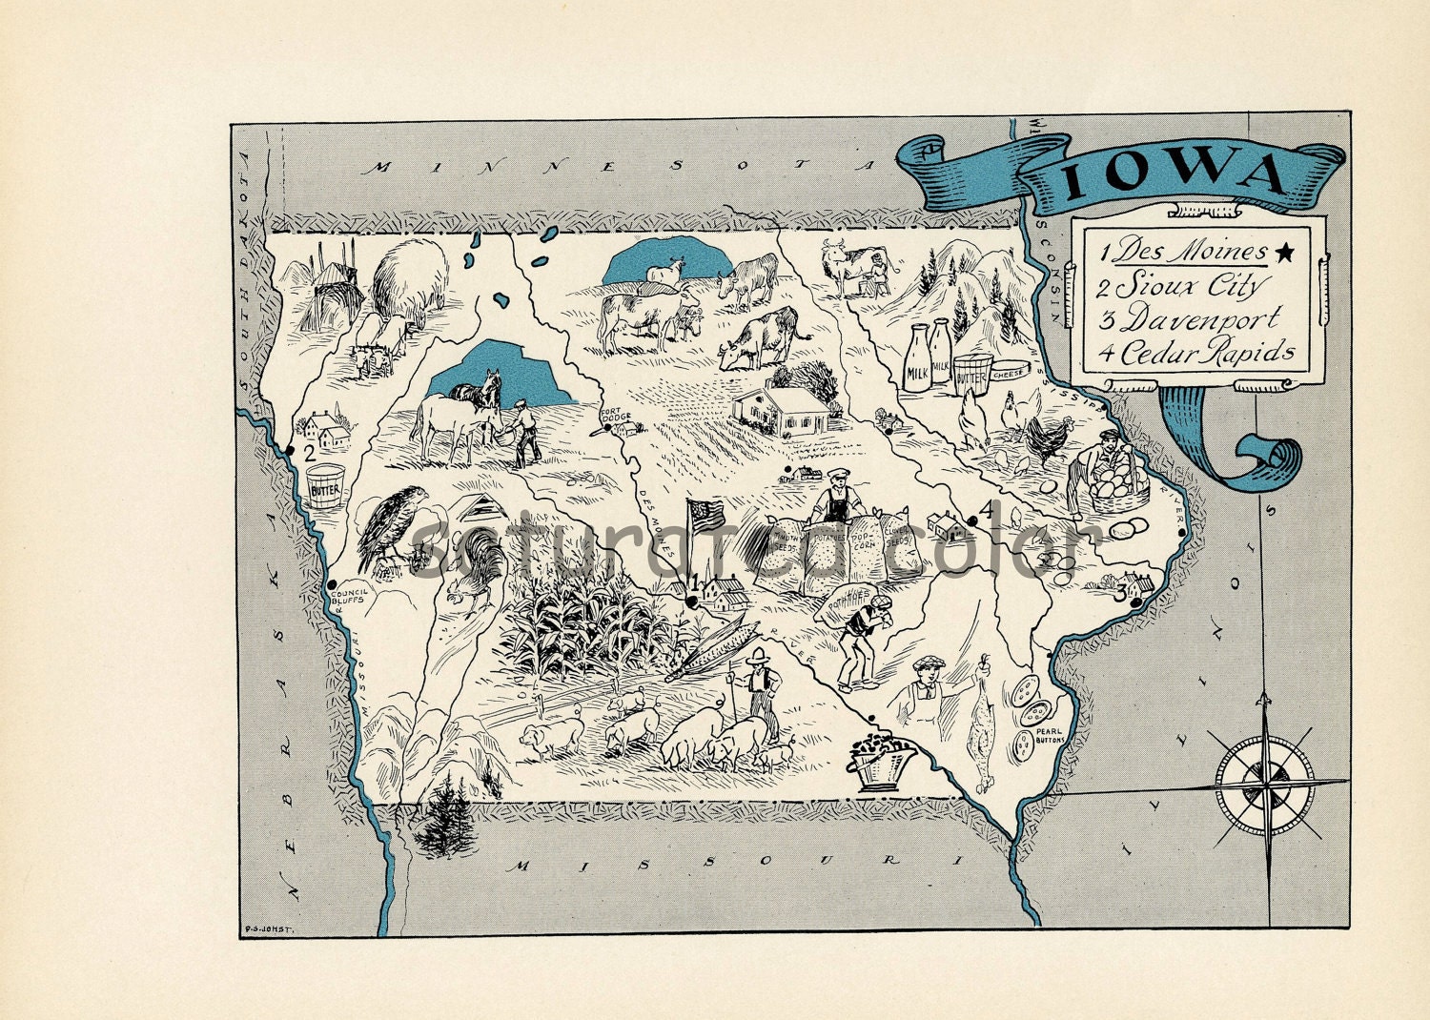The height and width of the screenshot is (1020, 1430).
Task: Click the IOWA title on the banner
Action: point(1175,175)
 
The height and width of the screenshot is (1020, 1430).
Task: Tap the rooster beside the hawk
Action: point(474,567)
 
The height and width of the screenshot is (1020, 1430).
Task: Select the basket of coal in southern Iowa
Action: point(880,762)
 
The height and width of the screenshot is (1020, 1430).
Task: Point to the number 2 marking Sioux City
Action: point(309,453)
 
